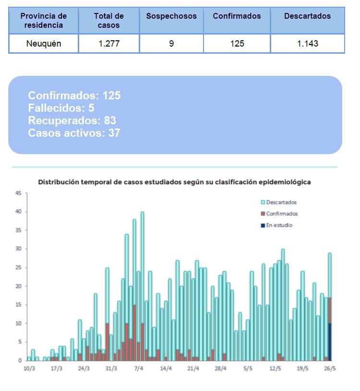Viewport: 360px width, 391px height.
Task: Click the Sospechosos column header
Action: [171, 16]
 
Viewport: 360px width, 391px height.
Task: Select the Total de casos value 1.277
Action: [108, 44]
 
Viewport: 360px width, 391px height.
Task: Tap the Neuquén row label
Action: [44, 44]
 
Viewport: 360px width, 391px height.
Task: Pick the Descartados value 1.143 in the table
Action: [307, 44]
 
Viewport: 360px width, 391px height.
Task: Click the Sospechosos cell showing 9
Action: [171, 44]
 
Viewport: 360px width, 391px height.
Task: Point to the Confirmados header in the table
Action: [237, 16]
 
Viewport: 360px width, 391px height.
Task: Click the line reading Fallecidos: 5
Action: [61, 108]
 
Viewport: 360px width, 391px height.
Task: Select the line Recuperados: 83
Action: [72, 120]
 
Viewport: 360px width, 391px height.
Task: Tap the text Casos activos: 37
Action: [74, 133]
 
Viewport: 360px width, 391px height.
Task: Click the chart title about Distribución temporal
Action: [174, 182]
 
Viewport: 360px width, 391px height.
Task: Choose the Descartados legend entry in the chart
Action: [281, 202]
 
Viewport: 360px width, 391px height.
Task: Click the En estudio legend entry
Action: [279, 225]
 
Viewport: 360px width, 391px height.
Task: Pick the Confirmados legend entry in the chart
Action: [282, 214]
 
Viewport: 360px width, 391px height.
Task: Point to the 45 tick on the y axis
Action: [18, 193]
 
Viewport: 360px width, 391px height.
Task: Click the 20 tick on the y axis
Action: [18, 286]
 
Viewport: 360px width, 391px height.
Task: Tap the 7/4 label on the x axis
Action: [139, 369]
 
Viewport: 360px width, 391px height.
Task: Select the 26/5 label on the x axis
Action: [330, 369]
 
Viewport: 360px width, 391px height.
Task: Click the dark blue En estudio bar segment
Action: [330, 342]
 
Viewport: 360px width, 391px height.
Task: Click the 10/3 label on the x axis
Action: [29, 369]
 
